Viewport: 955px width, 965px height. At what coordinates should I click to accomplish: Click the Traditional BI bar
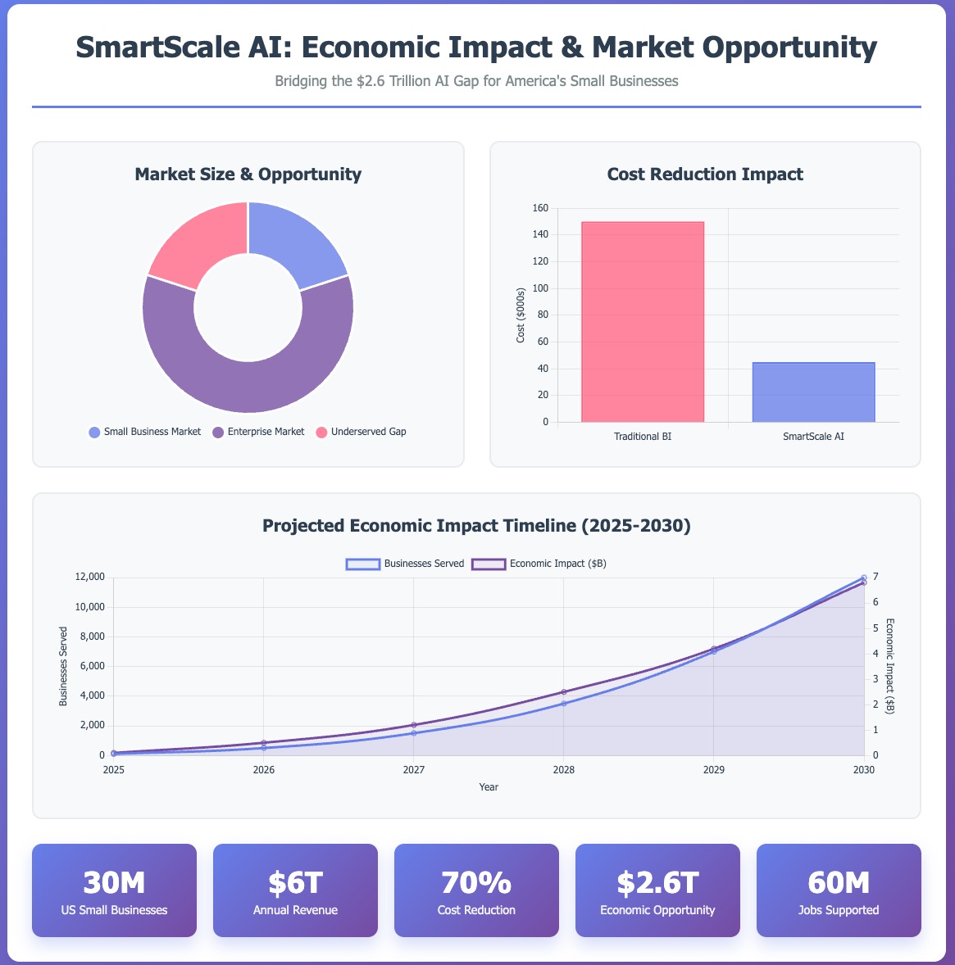click(642, 321)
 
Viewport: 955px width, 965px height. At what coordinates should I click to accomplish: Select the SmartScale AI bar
click(813, 392)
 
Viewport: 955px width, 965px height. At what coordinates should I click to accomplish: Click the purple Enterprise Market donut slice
click(248, 377)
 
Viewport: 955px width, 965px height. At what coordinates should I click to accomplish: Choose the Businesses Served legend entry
click(405, 564)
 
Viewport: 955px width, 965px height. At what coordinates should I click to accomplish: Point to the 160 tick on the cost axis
click(539, 208)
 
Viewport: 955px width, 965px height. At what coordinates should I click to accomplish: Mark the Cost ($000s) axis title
click(521, 315)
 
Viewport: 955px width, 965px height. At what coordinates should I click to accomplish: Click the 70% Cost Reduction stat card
click(476, 890)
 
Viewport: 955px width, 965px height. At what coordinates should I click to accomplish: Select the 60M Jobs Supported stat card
click(839, 890)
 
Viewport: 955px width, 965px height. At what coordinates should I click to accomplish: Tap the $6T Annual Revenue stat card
click(295, 890)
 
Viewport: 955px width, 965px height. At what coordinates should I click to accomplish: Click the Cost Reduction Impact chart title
click(705, 174)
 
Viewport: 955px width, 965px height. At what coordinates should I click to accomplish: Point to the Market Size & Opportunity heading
click(248, 174)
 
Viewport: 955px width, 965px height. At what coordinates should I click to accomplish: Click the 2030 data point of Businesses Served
click(863, 578)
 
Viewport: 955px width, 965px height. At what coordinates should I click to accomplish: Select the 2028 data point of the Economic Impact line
click(564, 691)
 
